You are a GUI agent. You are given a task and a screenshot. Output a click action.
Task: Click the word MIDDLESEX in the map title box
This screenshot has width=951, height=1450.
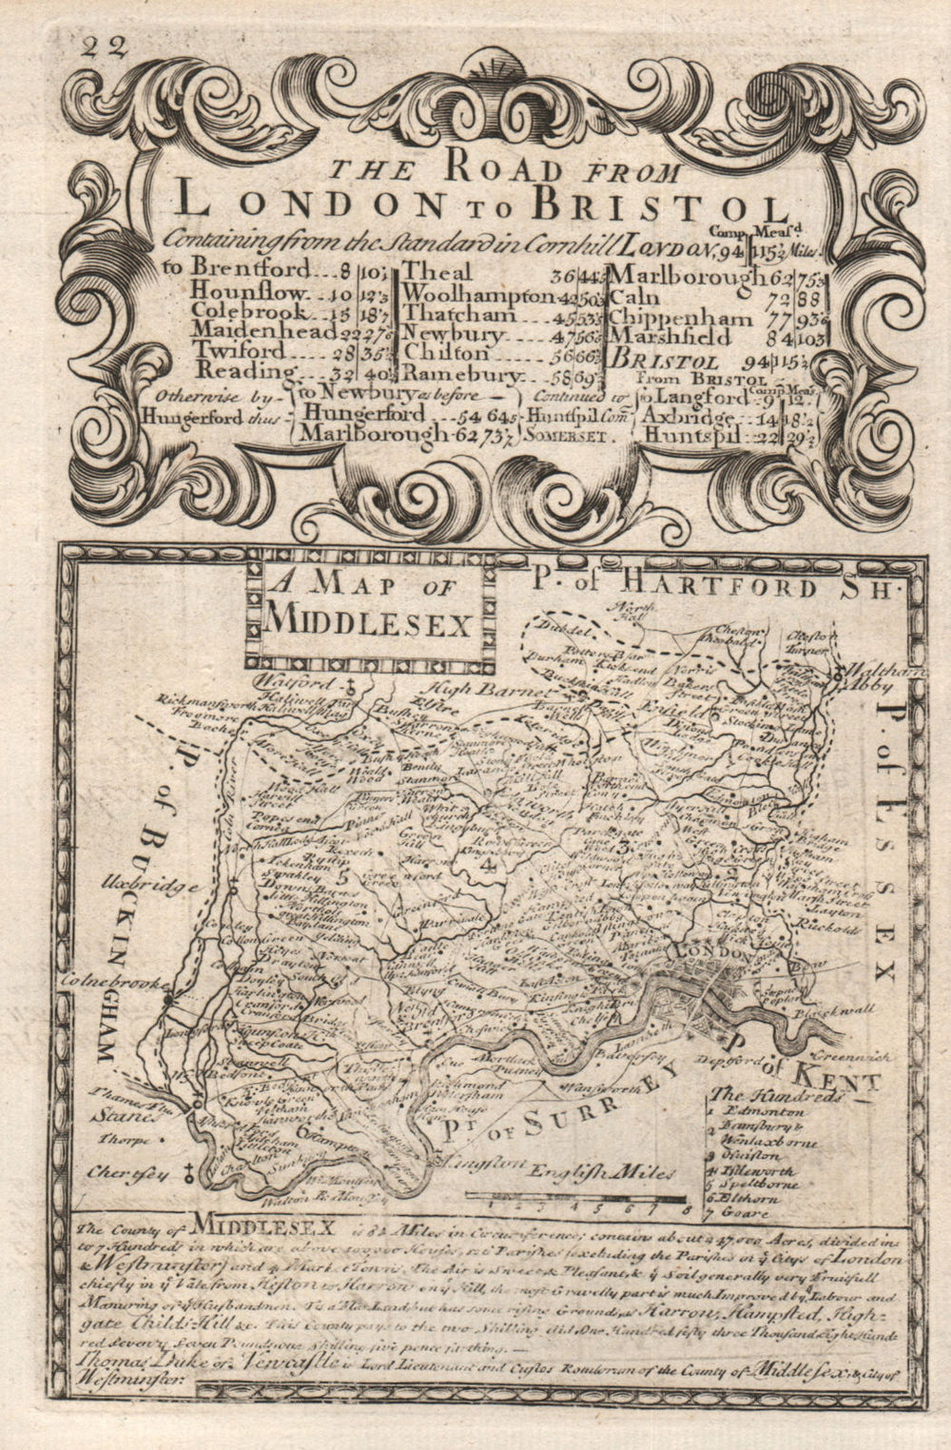point(371,623)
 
